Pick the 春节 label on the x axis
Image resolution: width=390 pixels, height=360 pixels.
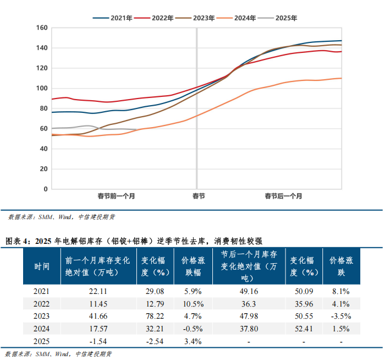(199, 196)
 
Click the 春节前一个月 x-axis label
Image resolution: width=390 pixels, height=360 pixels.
(116, 196)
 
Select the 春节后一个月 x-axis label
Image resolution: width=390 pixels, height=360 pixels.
(283, 196)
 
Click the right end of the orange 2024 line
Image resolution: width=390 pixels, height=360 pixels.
(342, 78)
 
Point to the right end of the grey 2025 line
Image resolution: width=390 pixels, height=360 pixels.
(138, 130)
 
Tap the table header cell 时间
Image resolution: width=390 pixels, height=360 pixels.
(42, 266)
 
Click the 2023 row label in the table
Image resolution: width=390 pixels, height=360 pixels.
(42, 316)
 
